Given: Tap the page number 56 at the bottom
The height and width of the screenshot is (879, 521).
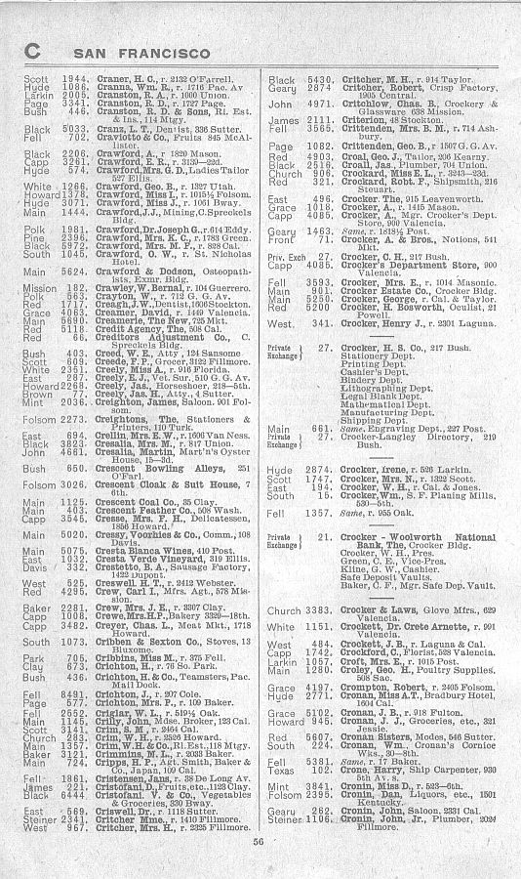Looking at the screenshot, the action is pos(260,843).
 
